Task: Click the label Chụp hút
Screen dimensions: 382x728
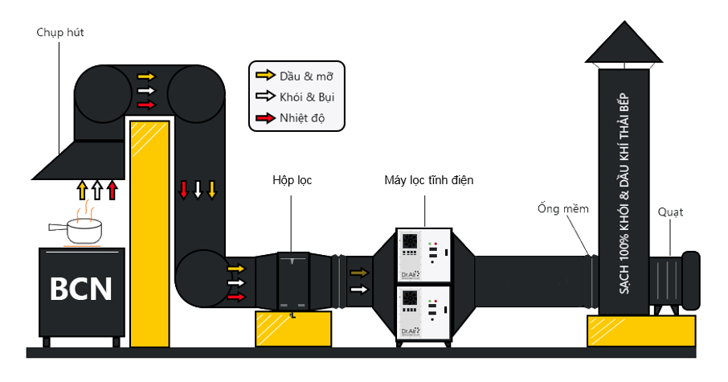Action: pyautogui.click(x=60, y=32)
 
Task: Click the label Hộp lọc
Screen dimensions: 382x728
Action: pyautogui.click(x=292, y=180)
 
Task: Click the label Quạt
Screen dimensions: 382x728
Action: pyautogui.click(x=670, y=212)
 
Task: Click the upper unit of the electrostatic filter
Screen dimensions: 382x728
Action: pyautogui.click(x=423, y=257)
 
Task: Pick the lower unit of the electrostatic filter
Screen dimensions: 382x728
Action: pyautogui.click(x=423, y=314)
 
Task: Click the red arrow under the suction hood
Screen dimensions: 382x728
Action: pyautogui.click(x=112, y=190)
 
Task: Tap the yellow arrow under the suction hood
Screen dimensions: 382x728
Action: pyautogui.click(x=81, y=190)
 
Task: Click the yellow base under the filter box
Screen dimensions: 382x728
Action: pyautogui.click(x=293, y=327)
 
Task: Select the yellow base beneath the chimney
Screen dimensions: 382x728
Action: pyautogui.click(x=640, y=330)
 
